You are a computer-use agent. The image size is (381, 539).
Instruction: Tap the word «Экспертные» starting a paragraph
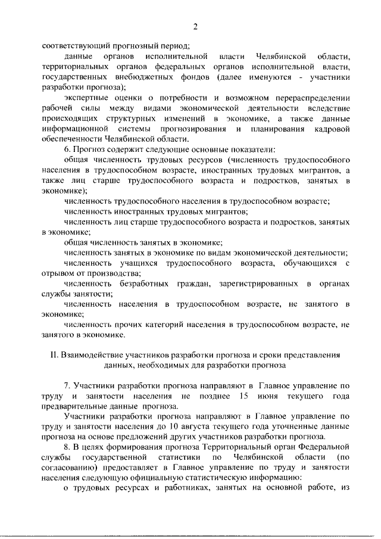89,98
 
